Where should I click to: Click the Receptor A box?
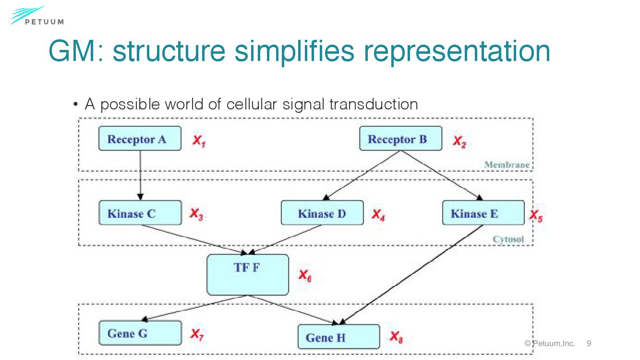pos(140,139)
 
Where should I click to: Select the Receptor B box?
pos(400,139)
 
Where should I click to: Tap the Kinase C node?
pos(140,213)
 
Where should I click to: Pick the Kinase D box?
pos(322,213)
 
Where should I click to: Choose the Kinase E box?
pos(483,213)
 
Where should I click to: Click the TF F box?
pos(247,275)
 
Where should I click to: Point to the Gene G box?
pos(140,333)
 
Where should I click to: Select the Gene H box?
pos(338,337)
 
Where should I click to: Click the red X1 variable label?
pos(200,141)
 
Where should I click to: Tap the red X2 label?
pos(459,142)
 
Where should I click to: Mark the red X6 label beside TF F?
pos(305,276)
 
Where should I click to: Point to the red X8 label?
pos(396,337)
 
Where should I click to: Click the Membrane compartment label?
pos(507,165)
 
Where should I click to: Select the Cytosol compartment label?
pos(508,240)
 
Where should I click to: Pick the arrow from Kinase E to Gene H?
pos(413,274)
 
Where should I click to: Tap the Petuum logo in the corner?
pos(36,16)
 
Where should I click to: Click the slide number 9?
pos(589,343)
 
